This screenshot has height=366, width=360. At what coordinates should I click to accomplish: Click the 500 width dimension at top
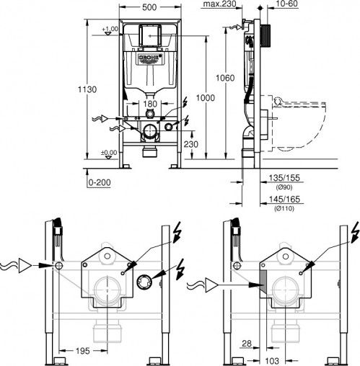[149, 7]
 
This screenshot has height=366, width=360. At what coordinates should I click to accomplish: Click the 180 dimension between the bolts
[149, 104]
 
